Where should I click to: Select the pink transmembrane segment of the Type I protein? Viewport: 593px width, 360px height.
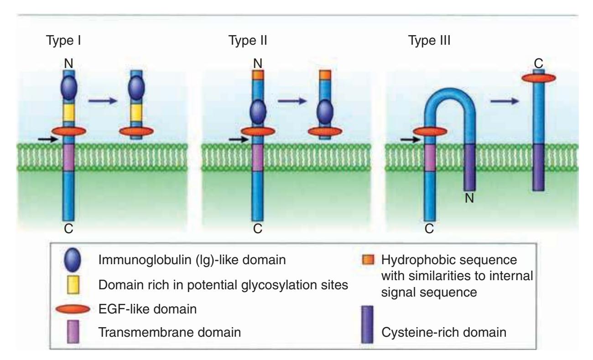68,157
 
